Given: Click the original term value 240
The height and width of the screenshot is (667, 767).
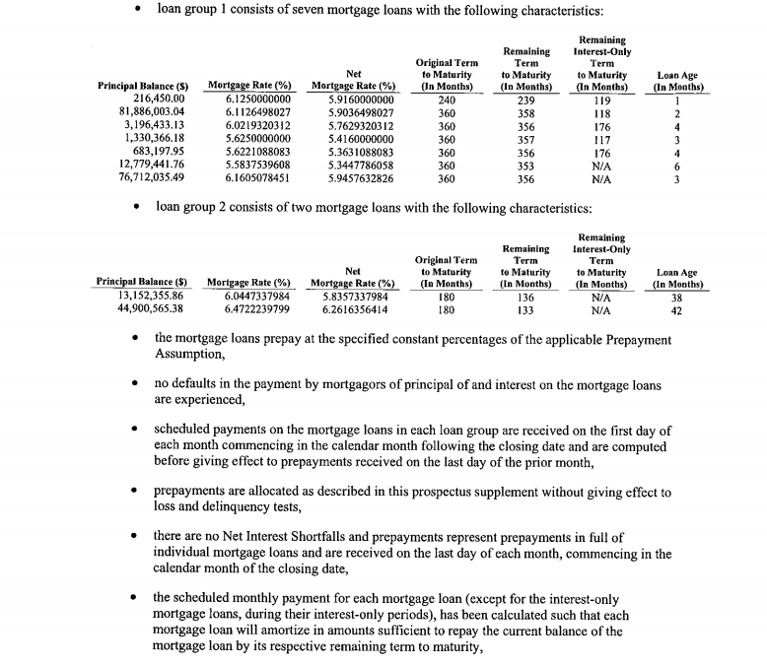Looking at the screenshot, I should (447, 100).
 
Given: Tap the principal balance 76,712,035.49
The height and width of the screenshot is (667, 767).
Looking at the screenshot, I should (144, 179).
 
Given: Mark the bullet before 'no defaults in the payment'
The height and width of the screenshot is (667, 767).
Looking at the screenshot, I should (137, 386).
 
